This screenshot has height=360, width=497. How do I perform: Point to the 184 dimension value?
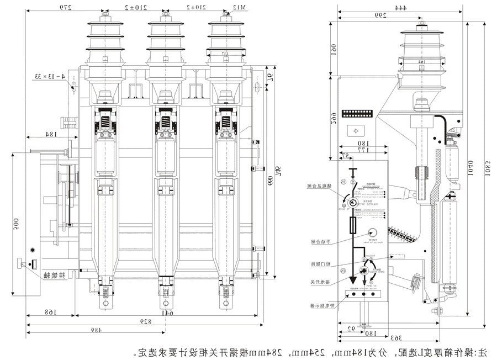click(x=51, y=134)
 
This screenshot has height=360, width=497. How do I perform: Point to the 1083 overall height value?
click(x=488, y=166)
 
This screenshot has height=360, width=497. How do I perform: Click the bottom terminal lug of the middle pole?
click(x=164, y=303)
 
